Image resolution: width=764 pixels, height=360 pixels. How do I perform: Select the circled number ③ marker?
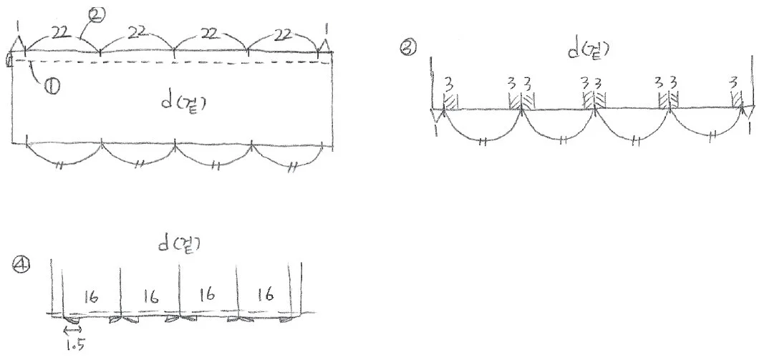pyautogui.click(x=407, y=48)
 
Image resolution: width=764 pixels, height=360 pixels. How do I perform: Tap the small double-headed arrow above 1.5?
pyautogui.click(x=73, y=329)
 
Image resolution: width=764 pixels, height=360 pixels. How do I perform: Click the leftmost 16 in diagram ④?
pyautogui.click(x=92, y=296)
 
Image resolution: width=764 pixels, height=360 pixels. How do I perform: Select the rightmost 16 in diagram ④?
pyautogui.click(x=265, y=294)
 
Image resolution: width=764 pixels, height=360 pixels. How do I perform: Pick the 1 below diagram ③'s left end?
pyautogui.click(x=435, y=132)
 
